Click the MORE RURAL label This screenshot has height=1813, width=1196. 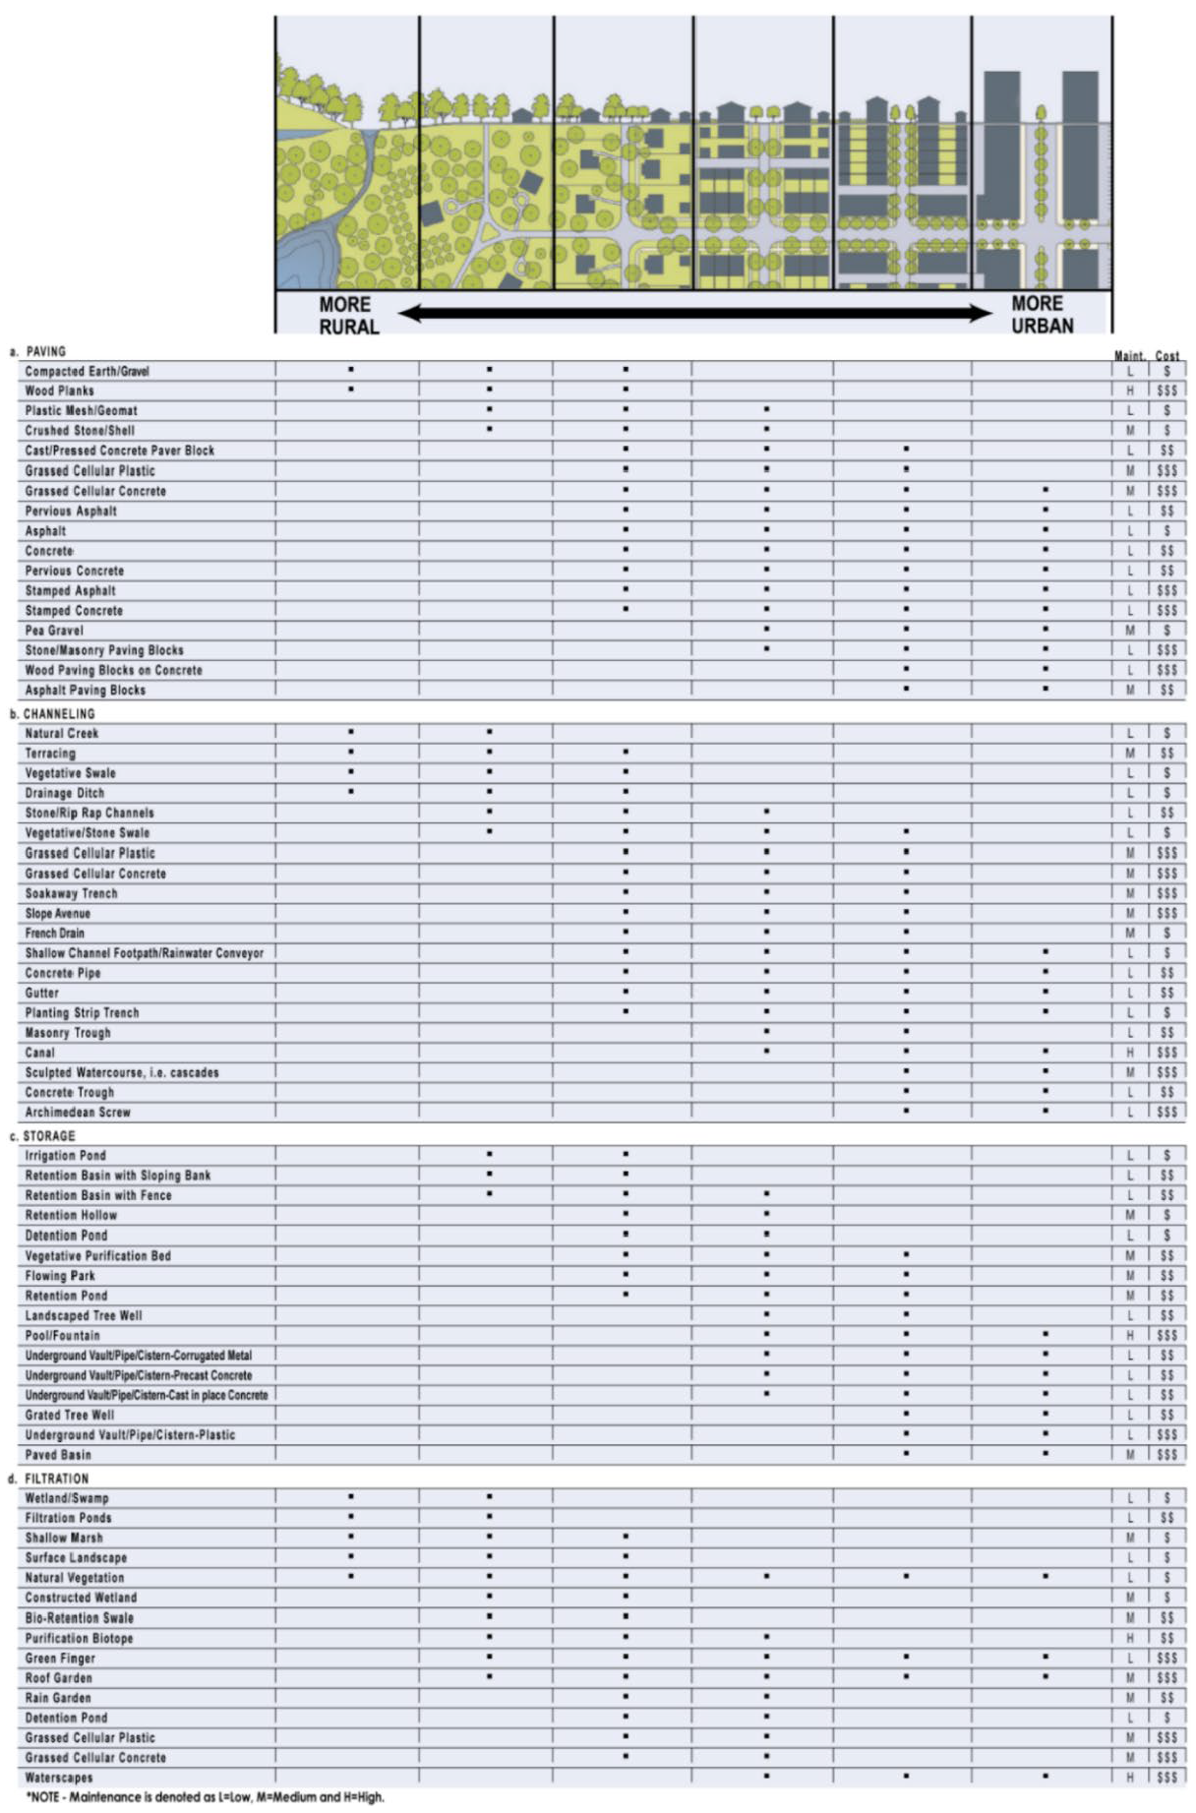coord(346,316)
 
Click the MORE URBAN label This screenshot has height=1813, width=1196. coord(1042,315)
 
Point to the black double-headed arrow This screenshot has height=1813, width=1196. coord(695,313)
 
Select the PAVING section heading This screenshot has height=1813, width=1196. coord(45,351)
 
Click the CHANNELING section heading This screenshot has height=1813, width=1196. coord(58,714)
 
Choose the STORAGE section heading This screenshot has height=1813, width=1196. coord(48,1136)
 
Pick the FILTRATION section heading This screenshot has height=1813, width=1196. coord(55,1479)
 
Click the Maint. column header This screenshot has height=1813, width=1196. coord(1129,356)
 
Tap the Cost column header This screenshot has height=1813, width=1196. coord(1167,356)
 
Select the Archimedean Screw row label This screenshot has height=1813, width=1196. coord(78,1113)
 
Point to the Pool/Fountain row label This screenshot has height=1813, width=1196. coord(63,1336)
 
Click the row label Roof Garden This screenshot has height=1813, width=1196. coord(59,1678)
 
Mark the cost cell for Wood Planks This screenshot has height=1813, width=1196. coord(1167,391)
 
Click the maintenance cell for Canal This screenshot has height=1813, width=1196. coord(1130,1053)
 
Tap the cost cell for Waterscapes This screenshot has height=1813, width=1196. coord(1167,1778)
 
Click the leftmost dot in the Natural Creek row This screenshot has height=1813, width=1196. coord(351,732)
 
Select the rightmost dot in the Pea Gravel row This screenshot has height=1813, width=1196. coord(1046,630)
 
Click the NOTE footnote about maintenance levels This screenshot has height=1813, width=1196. coord(204,1797)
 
